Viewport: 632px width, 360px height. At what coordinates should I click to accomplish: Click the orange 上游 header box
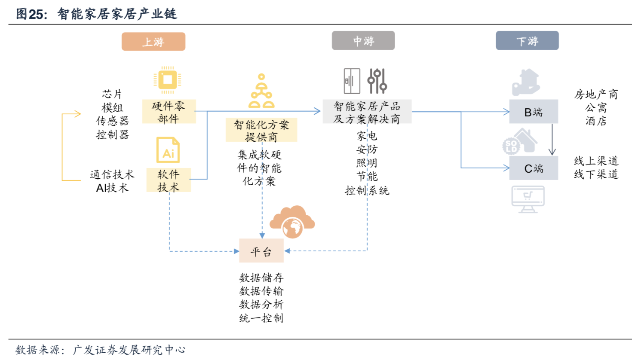(x=153, y=42)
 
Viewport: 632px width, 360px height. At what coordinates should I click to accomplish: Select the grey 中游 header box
(x=363, y=40)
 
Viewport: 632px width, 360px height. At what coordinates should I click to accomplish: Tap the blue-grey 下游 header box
(x=527, y=40)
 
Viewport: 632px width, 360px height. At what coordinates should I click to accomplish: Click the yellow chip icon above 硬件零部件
(x=167, y=80)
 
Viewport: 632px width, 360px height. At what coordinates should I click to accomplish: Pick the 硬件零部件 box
(x=169, y=111)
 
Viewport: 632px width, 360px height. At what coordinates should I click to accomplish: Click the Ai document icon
(x=168, y=150)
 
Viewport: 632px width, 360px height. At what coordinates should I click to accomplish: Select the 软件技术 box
(x=169, y=180)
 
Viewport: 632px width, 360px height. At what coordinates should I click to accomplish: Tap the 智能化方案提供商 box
(x=261, y=130)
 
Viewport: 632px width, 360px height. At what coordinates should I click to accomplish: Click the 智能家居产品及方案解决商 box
(x=367, y=111)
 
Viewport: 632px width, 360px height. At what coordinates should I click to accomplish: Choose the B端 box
(x=534, y=111)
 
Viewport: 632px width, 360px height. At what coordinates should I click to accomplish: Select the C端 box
(x=534, y=168)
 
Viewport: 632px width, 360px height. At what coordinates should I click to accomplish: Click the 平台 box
(x=261, y=250)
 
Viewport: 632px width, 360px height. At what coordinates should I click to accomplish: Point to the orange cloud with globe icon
(x=292, y=222)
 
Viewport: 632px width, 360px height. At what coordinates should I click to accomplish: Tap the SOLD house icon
(x=520, y=142)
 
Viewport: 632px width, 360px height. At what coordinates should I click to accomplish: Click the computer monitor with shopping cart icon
(x=528, y=199)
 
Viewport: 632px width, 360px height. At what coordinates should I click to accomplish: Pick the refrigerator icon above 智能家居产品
(x=352, y=81)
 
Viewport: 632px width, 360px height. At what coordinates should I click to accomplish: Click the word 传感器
(x=113, y=121)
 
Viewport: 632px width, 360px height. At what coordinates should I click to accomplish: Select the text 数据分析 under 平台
(x=261, y=305)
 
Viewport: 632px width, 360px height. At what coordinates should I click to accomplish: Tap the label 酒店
(x=596, y=121)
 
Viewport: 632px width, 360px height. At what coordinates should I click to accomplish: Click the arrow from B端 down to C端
(x=552, y=139)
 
